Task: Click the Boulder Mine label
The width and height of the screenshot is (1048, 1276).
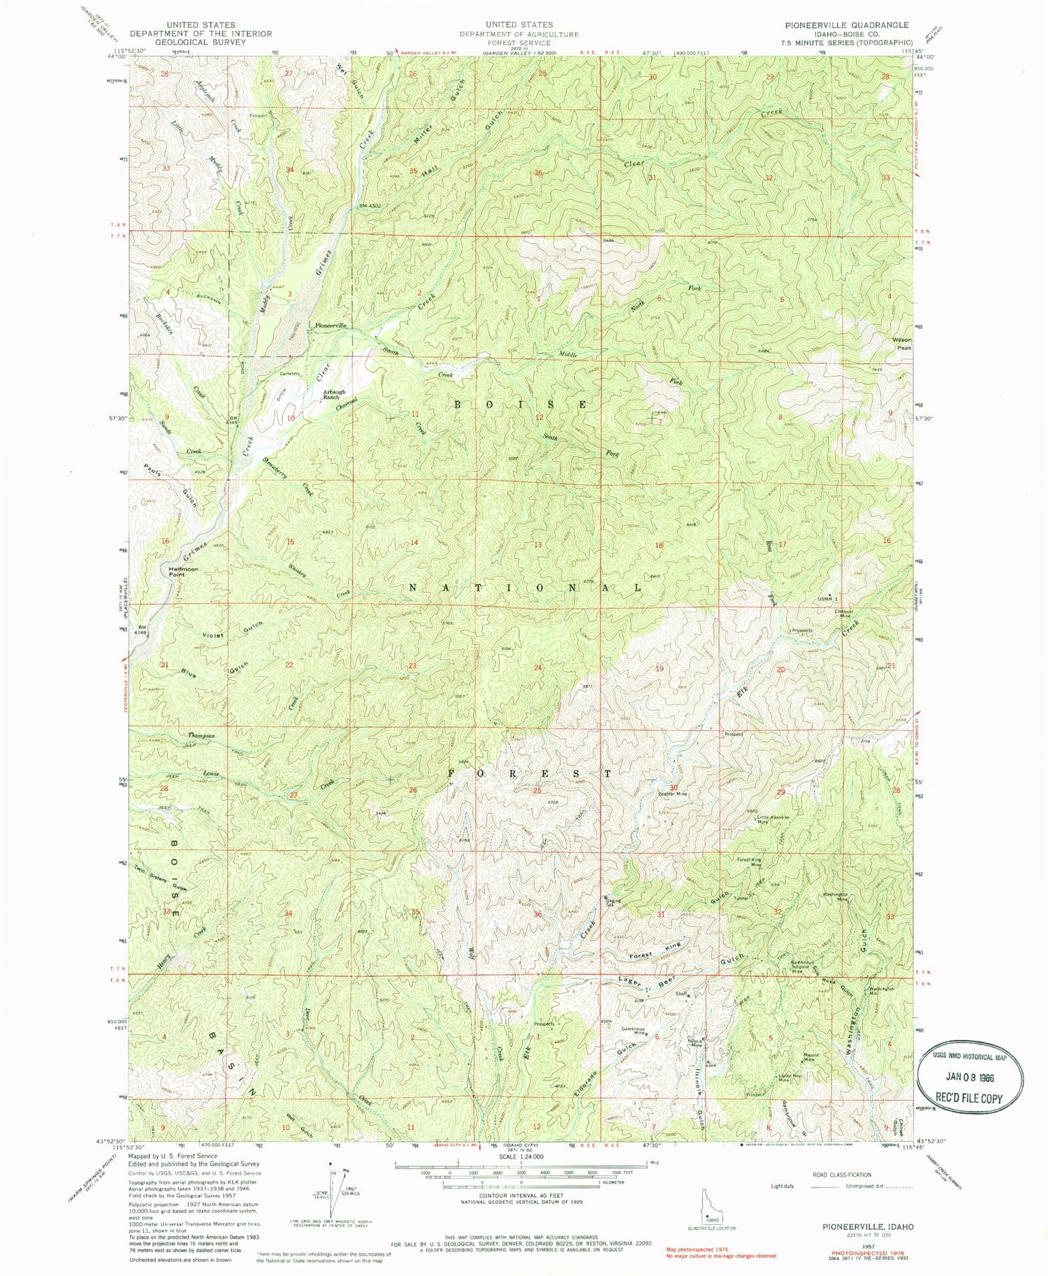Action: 672,794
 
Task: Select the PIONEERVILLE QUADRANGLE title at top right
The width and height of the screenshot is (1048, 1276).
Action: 843,24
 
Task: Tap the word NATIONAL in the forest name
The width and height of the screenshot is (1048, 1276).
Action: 524,588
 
